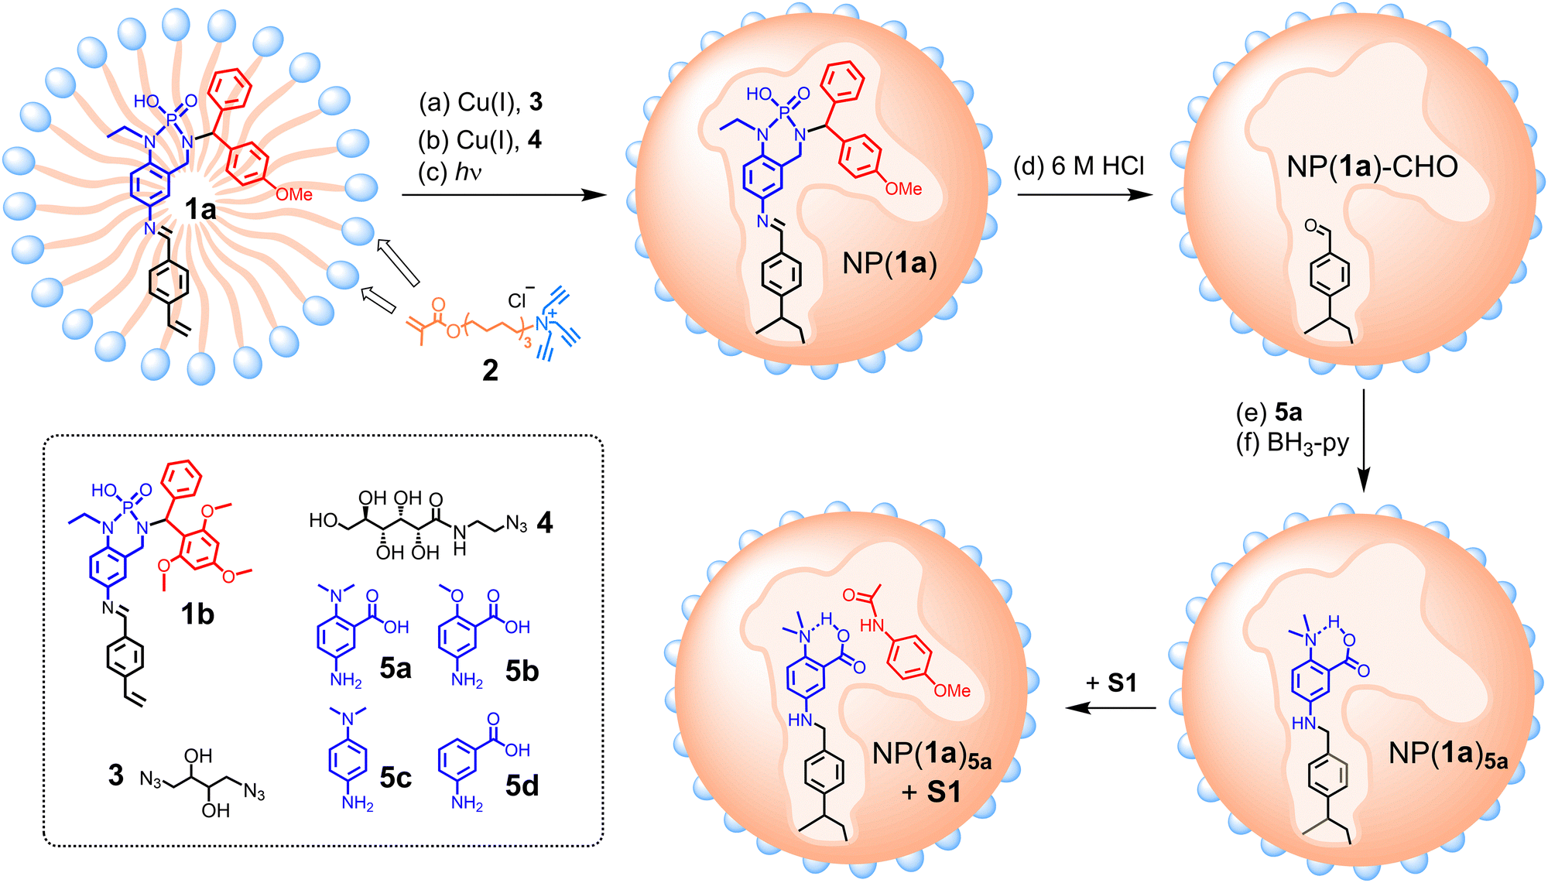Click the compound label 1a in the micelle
tap(200, 209)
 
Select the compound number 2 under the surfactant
tap(490, 371)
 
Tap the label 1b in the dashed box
tap(197, 614)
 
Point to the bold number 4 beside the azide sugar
tap(545, 523)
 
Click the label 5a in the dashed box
tap(396, 668)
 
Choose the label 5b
tap(522, 670)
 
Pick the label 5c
tap(396, 777)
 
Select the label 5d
tap(522, 785)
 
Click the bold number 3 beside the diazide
tap(116, 775)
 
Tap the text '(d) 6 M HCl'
tap(1079, 166)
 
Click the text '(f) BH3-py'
tap(1293, 443)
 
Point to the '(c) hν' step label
tap(450, 172)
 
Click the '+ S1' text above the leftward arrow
tap(1111, 683)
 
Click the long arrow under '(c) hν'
tap(503, 195)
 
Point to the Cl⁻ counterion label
tap(519, 300)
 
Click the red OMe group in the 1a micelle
tap(294, 195)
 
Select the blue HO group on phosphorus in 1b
tap(104, 491)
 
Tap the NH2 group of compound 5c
tap(358, 804)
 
